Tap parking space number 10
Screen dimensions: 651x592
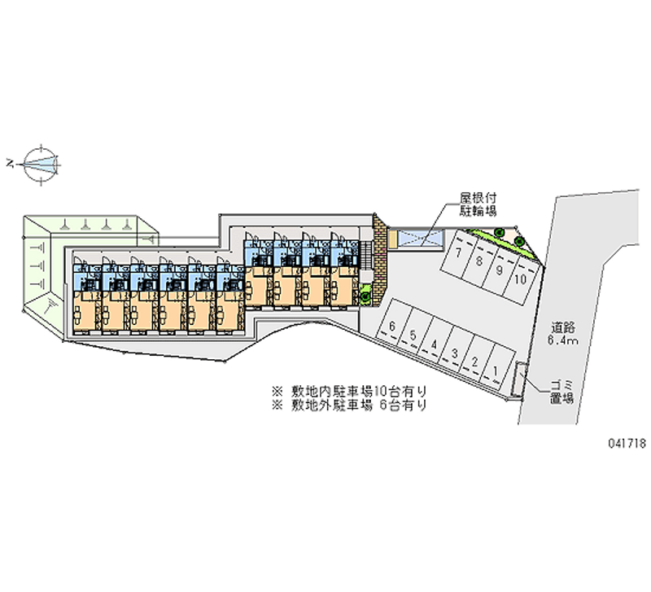[x=520, y=279]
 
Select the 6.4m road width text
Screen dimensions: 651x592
[x=563, y=341]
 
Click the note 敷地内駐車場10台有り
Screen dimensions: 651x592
[x=350, y=390]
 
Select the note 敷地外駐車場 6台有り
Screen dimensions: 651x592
[x=350, y=404]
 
